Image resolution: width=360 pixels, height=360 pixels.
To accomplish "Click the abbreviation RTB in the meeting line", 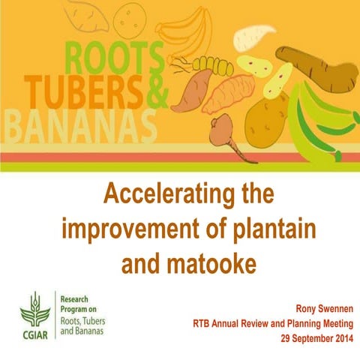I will point(203,324).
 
